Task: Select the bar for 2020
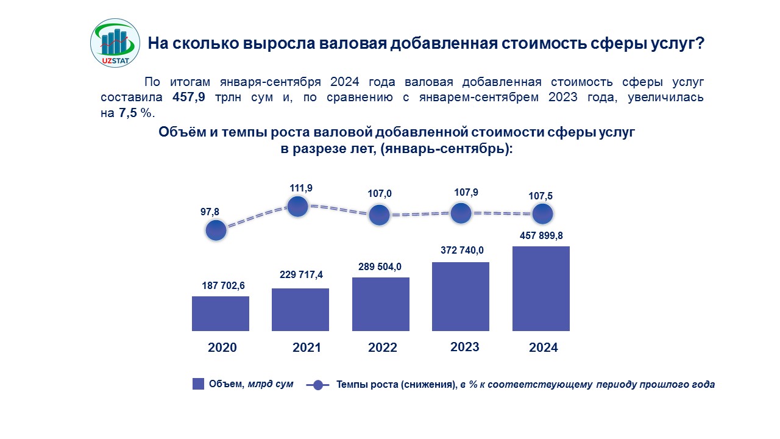(221, 313)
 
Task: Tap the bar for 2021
(300, 309)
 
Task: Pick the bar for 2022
(381, 304)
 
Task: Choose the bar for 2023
(461, 296)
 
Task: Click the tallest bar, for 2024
(541, 288)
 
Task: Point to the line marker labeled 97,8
(216, 230)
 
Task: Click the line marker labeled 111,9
(297, 206)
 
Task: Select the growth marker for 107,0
(380, 215)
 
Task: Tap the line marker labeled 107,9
(461, 213)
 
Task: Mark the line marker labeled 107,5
(542, 214)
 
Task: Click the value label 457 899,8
(542, 235)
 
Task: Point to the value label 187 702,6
(224, 285)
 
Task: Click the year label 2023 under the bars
(465, 347)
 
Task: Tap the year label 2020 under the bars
(222, 348)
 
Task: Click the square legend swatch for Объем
(198, 384)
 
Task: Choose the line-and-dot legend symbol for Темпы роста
(317, 385)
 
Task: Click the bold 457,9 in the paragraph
(189, 98)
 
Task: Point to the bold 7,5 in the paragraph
(129, 113)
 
